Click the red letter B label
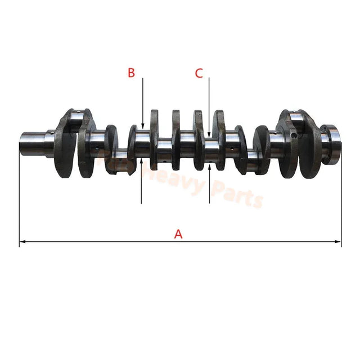click(131, 73)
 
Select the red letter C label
click(199, 73)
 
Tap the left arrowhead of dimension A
click(22, 242)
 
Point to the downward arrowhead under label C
click(209, 134)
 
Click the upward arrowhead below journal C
click(209, 166)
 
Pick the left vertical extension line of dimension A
click(19, 197)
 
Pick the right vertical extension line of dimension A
click(341, 197)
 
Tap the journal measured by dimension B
click(142, 143)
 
